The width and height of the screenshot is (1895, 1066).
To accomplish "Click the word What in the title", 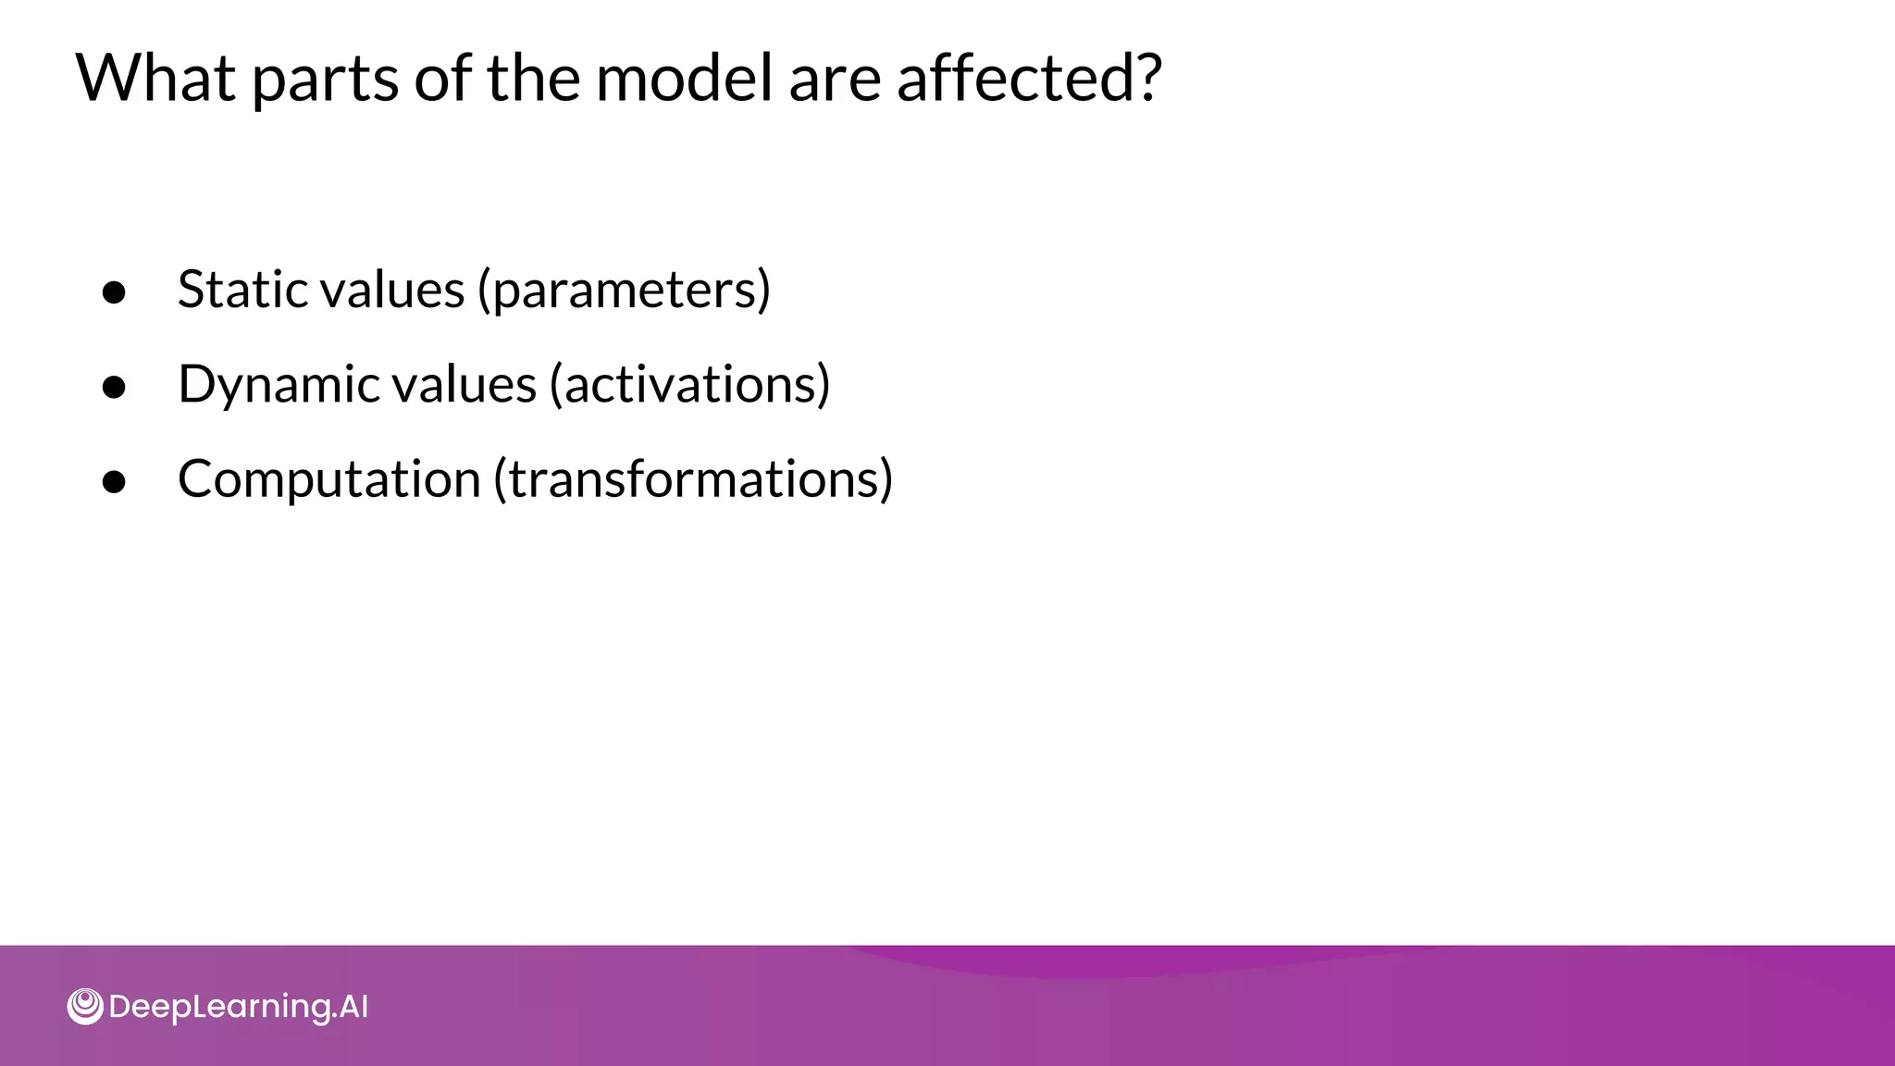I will point(155,78).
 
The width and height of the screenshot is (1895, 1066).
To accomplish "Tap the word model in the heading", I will point(683,78).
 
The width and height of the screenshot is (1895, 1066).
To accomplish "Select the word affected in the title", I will point(1013,78).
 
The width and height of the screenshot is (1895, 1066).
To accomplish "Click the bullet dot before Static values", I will point(114,292).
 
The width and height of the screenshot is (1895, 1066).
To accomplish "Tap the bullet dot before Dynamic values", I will point(114,388).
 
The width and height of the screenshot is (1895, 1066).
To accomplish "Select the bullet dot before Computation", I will point(114,482).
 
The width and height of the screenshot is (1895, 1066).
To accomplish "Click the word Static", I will point(239,290).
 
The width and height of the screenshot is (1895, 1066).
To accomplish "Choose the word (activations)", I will point(689,385).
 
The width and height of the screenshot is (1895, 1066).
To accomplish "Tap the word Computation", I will point(328,480).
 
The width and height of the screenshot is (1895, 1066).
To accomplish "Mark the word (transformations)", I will point(693,479).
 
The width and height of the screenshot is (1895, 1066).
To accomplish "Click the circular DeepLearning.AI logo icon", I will point(85,1006).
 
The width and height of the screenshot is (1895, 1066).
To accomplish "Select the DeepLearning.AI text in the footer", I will point(238,1007).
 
